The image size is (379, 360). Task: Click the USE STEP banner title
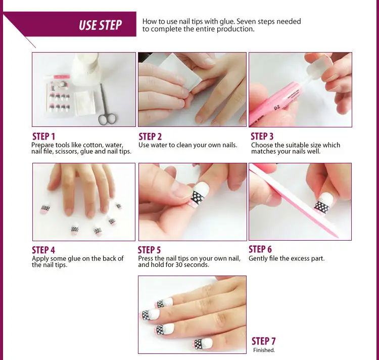click(x=101, y=25)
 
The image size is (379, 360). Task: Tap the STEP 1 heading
click(x=44, y=137)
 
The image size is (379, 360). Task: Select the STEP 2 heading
click(x=150, y=137)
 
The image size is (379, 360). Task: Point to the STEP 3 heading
click(x=262, y=137)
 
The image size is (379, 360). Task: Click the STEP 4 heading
click(x=43, y=250)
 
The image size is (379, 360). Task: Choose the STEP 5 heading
click(x=149, y=250)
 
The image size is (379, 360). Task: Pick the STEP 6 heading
click(x=260, y=249)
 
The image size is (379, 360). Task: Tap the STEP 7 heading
click(x=263, y=341)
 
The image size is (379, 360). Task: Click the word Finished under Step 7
click(x=264, y=350)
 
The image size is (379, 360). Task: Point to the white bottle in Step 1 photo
click(x=86, y=69)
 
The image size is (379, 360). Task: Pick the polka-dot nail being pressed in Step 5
click(x=200, y=195)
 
